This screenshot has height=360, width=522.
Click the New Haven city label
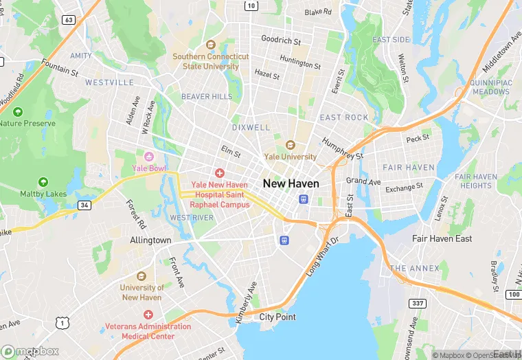[291, 183]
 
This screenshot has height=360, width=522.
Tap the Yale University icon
[290, 145]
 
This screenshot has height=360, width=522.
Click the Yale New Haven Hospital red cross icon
[220, 173]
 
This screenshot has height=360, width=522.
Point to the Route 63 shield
[69, 20]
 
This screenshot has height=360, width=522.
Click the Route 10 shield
[252, 6]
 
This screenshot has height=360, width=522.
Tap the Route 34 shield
[84, 205]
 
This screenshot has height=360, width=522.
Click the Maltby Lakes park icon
[43, 182]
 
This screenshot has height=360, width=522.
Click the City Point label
[277, 317]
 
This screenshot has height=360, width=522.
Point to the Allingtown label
[150, 240]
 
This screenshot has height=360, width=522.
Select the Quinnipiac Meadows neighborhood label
[490, 87]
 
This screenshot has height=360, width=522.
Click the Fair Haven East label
[442, 238]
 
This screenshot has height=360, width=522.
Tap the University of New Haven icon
[141, 276]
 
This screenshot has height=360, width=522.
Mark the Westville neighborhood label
[109, 82]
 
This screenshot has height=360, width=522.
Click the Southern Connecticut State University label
[210, 61]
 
